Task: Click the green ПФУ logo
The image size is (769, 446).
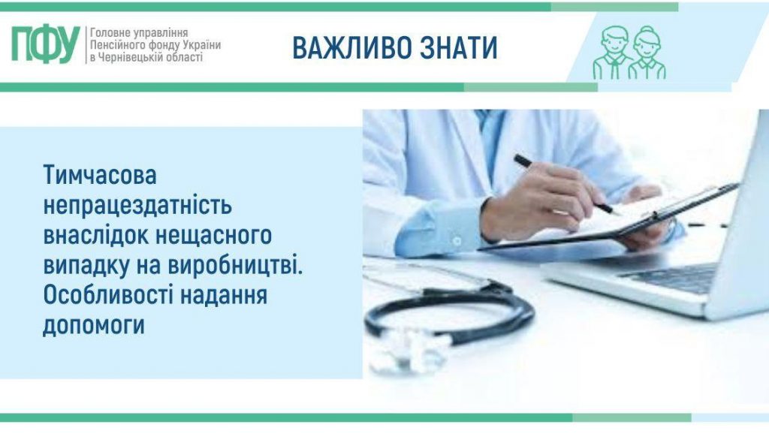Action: pos(45,44)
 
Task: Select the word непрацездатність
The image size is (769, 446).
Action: pos(138,206)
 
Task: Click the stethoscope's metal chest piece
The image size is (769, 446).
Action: pos(406,353)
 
